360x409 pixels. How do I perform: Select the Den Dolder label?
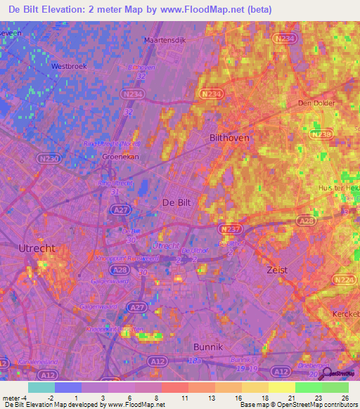pyautogui.click(x=314, y=103)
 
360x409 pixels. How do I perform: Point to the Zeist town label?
pyautogui.click(x=278, y=269)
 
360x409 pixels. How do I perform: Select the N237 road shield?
pyautogui.click(x=231, y=229)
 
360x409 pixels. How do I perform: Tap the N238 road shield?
pyautogui.click(x=321, y=134)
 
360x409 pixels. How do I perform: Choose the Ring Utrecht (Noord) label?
pyautogui.click(x=112, y=143)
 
